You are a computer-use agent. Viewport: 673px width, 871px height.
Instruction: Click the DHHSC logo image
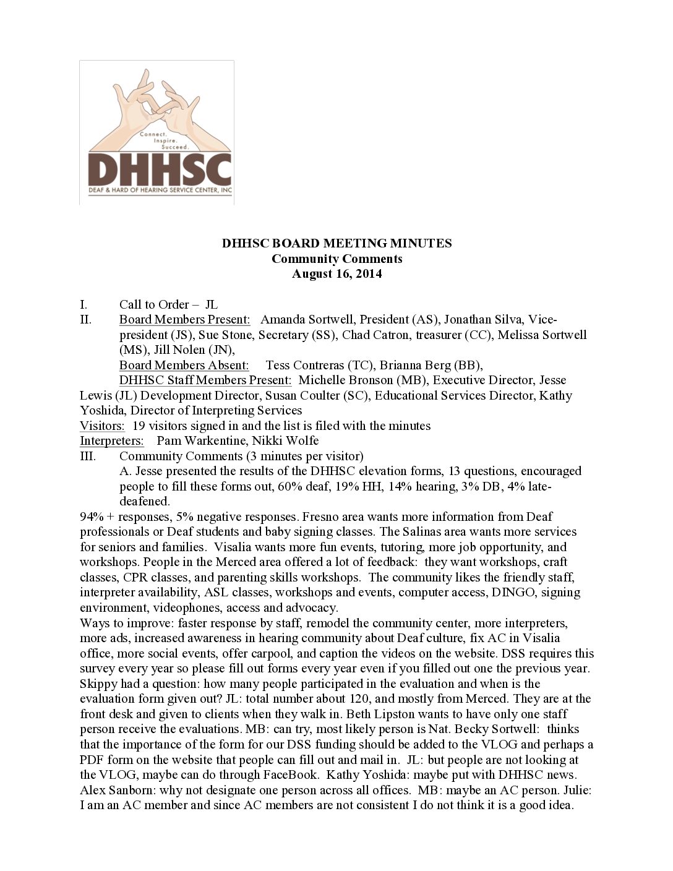pos(156,132)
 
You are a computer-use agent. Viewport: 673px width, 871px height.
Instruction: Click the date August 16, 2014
pos(336,273)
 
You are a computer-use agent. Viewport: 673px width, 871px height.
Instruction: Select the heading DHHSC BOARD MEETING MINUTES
pos(336,243)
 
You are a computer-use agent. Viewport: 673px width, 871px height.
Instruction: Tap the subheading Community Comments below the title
pos(336,259)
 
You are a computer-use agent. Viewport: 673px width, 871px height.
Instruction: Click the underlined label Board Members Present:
pos(184,319)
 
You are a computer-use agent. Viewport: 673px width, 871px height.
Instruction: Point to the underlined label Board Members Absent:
pos(184,365)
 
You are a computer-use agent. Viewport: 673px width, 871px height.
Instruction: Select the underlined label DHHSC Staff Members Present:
pos(205,380)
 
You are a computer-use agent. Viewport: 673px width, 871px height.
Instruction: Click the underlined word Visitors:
pos(102,426)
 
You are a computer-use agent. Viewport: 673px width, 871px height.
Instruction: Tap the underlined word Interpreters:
pos(111,440)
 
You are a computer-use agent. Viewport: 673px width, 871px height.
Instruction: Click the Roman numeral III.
pos(88,456)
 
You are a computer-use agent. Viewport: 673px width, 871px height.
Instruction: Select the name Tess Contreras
pos(304,365)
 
